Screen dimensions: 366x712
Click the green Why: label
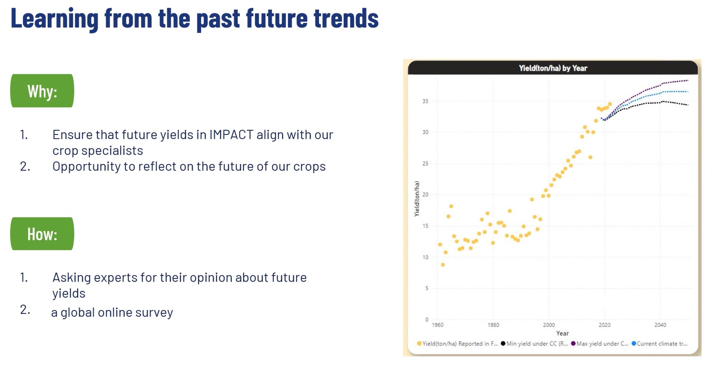tap(42, 91)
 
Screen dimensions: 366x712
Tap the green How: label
tap(42, 234)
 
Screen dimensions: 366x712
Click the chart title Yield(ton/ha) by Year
tap(553, 68)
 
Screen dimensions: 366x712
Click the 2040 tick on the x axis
tap(660, 325)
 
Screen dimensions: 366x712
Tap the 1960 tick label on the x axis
tap(437, 325)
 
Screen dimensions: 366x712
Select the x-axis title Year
tap(562, 333)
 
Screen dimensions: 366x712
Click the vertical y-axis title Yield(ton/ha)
tap(416, 199)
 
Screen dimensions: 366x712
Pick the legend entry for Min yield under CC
tap(534, 344)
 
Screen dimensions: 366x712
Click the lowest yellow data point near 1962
tap(443, 265)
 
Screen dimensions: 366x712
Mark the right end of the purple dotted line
tap(688, 80)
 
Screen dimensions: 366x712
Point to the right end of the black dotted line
tap(688, 105)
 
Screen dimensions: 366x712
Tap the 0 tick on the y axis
tap(426, 319)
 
